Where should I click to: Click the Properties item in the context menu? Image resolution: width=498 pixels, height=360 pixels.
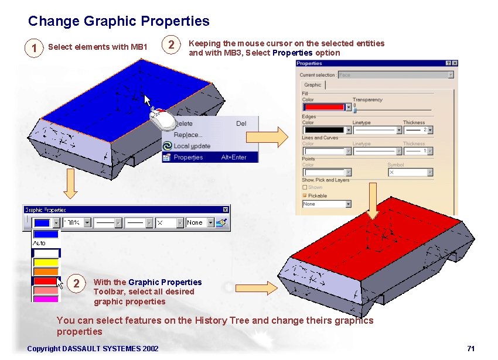point(188,157)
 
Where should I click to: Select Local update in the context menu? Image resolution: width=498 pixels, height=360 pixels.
point(192,146)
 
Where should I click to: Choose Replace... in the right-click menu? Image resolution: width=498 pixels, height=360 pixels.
point(188,135)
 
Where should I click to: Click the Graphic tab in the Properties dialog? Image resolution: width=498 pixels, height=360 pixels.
point(312,85)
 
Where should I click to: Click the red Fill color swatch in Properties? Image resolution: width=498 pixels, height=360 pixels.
point(323,107)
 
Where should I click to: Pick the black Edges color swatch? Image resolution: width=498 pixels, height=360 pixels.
point(323,129)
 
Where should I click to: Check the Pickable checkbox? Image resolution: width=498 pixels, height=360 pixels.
point(305,196)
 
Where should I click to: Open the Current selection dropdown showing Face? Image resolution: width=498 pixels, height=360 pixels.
point(451,75)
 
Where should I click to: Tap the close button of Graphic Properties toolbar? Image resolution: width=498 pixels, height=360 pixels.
point(225,210)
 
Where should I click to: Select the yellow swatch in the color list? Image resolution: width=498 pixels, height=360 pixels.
point(46,262)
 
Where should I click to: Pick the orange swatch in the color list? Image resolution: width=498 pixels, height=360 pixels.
point(46,272)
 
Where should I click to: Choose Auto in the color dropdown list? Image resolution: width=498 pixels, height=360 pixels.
point(40,243)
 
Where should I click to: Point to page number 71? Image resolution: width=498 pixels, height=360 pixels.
point(470,349)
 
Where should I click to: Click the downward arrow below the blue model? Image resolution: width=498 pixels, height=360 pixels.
point(70,184)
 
